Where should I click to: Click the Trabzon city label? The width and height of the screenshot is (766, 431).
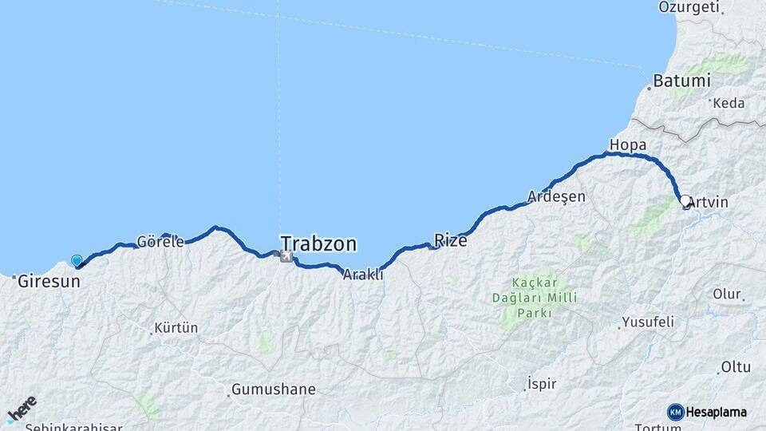tap(318, 243)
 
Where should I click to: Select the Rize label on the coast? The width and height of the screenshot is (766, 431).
tap(450, 239)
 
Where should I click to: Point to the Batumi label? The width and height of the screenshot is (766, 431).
tap(681, 81)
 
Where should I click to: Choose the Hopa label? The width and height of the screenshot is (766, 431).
tap(626, 144)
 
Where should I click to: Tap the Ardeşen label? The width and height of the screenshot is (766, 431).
tap(556, 196)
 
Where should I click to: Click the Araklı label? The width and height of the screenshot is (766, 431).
tap(363, 275)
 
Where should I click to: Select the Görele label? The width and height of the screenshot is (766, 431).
tap(160, 241)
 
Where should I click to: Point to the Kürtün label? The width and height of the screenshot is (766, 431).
tap(176, 328)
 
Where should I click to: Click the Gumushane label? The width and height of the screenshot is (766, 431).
tap(273, 389)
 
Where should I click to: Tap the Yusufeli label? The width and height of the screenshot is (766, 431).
tap(646, 322)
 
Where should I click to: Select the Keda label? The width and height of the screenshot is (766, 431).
tap(728, 103)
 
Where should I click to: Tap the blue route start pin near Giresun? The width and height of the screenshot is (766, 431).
tap(77, 260)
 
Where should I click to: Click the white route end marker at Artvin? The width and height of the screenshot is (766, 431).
tap(685, 201)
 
